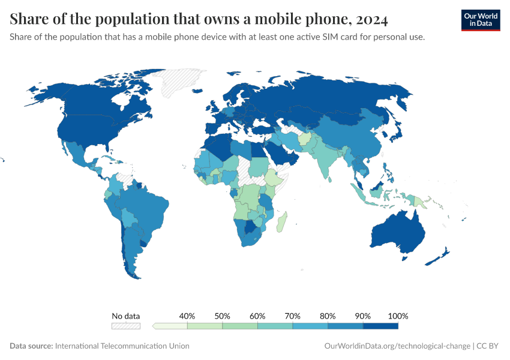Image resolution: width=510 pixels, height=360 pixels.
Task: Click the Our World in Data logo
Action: [x=480, y=20]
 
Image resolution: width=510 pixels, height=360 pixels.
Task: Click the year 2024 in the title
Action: [x=372, y=20]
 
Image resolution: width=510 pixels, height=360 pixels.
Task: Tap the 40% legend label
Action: [x=187, y=316]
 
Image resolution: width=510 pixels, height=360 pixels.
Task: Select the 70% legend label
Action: [x=293, y=316]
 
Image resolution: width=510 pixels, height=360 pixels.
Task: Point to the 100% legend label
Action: [x=398, y=316]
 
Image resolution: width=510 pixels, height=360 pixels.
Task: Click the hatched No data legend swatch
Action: [x=125, y=326]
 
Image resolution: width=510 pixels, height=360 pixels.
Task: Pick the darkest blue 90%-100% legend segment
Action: [x=380, y=326]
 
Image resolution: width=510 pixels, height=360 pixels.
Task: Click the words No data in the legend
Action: [x=125, y=316]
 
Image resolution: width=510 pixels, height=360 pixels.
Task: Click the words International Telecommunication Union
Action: [x=122, y=346]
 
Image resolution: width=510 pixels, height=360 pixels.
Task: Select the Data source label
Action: [x=31, y=346]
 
